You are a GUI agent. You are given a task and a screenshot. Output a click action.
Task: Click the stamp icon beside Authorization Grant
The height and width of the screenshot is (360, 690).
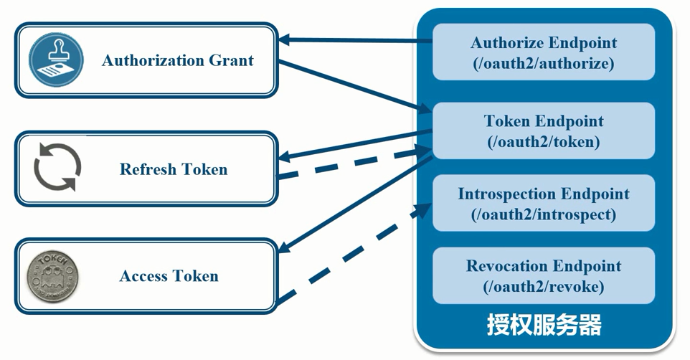(x=56, y=60)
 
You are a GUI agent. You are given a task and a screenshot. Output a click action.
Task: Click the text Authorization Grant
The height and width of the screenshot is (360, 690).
(x=177, y=60)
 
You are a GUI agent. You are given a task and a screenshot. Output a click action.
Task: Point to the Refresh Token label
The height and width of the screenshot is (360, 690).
(x=173, y=169)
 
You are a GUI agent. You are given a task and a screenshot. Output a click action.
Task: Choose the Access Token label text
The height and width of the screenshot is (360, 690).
(x=169, y=276)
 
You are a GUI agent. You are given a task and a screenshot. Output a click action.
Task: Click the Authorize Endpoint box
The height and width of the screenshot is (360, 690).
(x=543, y=52)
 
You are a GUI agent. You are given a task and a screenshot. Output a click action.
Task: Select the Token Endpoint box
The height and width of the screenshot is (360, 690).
(x=543, y=131)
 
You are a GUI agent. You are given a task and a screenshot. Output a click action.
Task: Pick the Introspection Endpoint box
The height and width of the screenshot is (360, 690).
(x=543, y=203)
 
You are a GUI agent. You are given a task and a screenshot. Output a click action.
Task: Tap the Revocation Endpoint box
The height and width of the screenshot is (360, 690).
(x=543, y=275)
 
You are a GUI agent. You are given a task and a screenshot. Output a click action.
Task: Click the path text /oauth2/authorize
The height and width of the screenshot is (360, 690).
(x=543, y=63)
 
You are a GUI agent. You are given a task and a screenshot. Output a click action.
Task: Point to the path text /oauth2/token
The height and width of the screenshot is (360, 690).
(x=543, y=142)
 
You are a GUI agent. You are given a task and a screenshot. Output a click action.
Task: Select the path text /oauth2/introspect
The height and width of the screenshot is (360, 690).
(x=543, y=214)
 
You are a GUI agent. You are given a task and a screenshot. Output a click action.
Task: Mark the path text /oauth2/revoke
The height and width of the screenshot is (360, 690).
(x=543, y=287)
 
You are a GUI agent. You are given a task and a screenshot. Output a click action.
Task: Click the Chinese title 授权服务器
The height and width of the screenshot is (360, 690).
(x=544, y=325)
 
